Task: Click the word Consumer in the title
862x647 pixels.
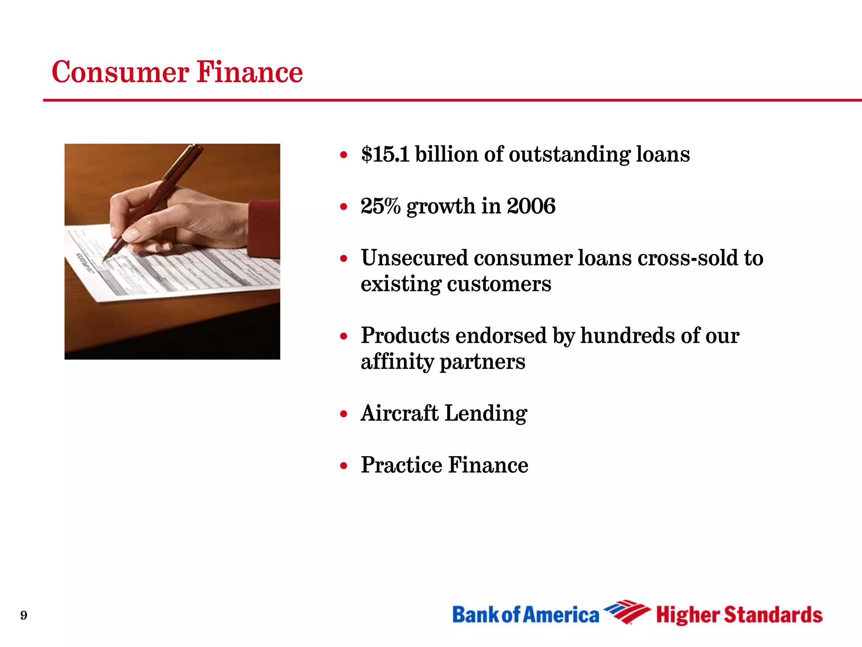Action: [x=120, y=72]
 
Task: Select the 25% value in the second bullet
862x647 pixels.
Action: [x=380, y=206]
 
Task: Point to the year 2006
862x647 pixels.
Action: [x=531, y=206]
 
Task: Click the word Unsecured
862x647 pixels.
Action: [x=414, y=258]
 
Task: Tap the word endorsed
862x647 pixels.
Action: [x=501, y=336]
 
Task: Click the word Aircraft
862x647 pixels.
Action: [x=399, y=413]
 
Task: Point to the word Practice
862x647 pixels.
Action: [x=401, y=465]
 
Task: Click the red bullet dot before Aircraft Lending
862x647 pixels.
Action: [x=344, y=414]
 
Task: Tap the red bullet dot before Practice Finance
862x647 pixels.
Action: [x=344, y=466]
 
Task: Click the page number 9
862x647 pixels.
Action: [x=24, y=615]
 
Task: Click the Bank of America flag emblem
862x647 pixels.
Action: [x=627, y=612]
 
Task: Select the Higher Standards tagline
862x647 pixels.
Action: [x=739, y=615]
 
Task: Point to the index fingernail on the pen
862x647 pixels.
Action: [x=131, y=235]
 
